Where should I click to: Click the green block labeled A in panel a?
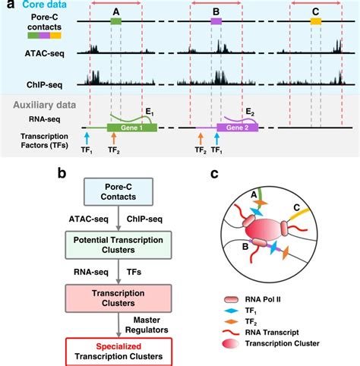coord(115,23)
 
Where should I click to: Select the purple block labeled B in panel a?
coord(216,23)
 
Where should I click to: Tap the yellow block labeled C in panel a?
coord(315,23)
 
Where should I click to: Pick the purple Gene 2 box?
coord(238,128)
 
